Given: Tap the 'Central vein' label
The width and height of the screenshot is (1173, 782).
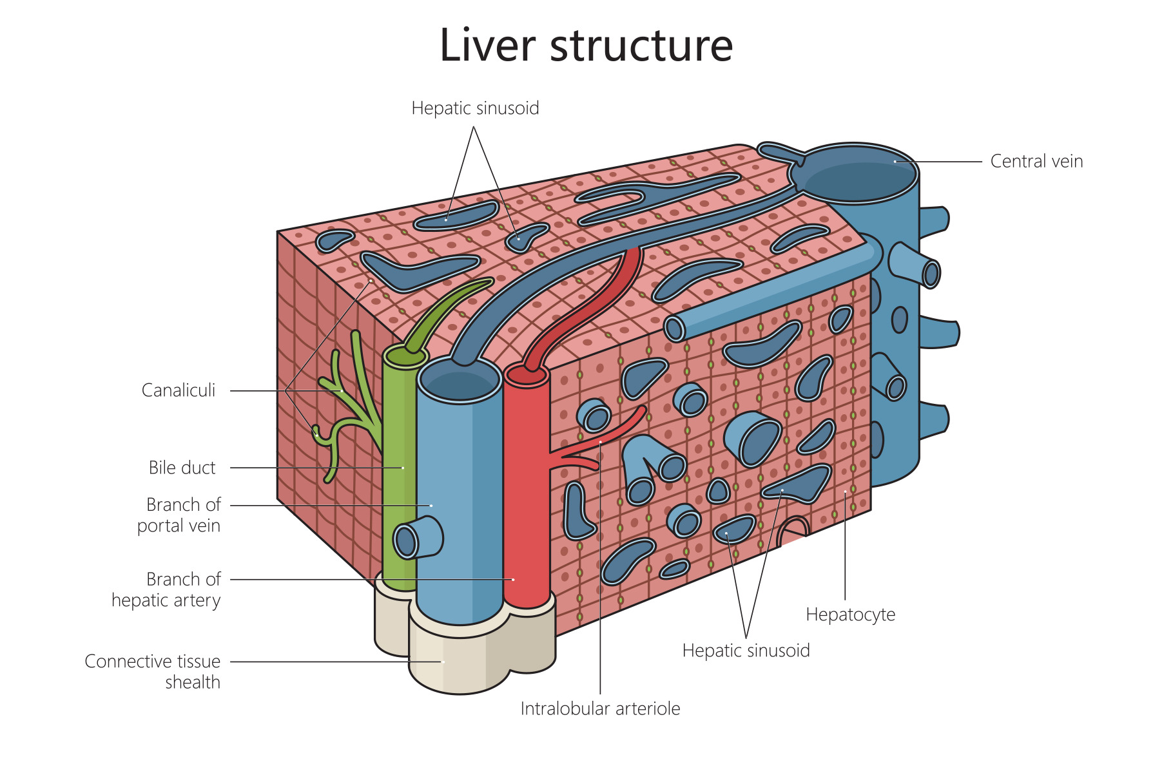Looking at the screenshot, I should (x=1036, y=161).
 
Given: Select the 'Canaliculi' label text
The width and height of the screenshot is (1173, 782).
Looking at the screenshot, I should (x=179, y=390).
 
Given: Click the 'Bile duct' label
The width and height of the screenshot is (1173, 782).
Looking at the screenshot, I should (x=182, y=468).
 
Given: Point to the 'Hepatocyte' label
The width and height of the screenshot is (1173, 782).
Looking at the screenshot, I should (x=850, y=615).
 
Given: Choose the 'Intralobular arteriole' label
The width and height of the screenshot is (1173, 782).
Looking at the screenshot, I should (x=600, y=709).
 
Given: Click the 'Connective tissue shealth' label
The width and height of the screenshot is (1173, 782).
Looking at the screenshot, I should (x=153, y=672).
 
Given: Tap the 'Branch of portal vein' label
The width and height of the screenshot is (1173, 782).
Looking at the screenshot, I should (x=179, y=515).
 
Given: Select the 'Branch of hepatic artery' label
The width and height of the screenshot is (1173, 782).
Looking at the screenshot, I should (x=166, y=589).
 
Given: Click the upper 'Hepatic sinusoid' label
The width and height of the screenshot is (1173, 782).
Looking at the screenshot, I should (x=475, y=108).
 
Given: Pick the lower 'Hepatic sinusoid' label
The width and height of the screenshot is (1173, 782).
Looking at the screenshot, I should (x=746, y=651).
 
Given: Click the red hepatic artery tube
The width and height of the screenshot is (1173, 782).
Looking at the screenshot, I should (x=526, y=515).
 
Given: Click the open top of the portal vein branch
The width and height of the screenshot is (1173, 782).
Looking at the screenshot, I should (x=459, y=380).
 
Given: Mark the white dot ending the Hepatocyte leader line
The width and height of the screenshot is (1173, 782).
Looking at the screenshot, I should (x=845, y=492).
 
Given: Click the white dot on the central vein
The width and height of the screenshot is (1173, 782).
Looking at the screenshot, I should (x=895, y=162).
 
